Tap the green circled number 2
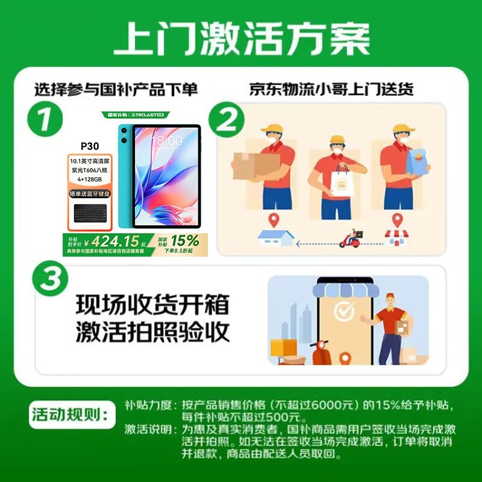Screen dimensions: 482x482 [227, 121]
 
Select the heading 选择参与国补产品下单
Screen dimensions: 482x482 [116, 90]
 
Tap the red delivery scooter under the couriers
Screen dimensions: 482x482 [349, 240]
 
